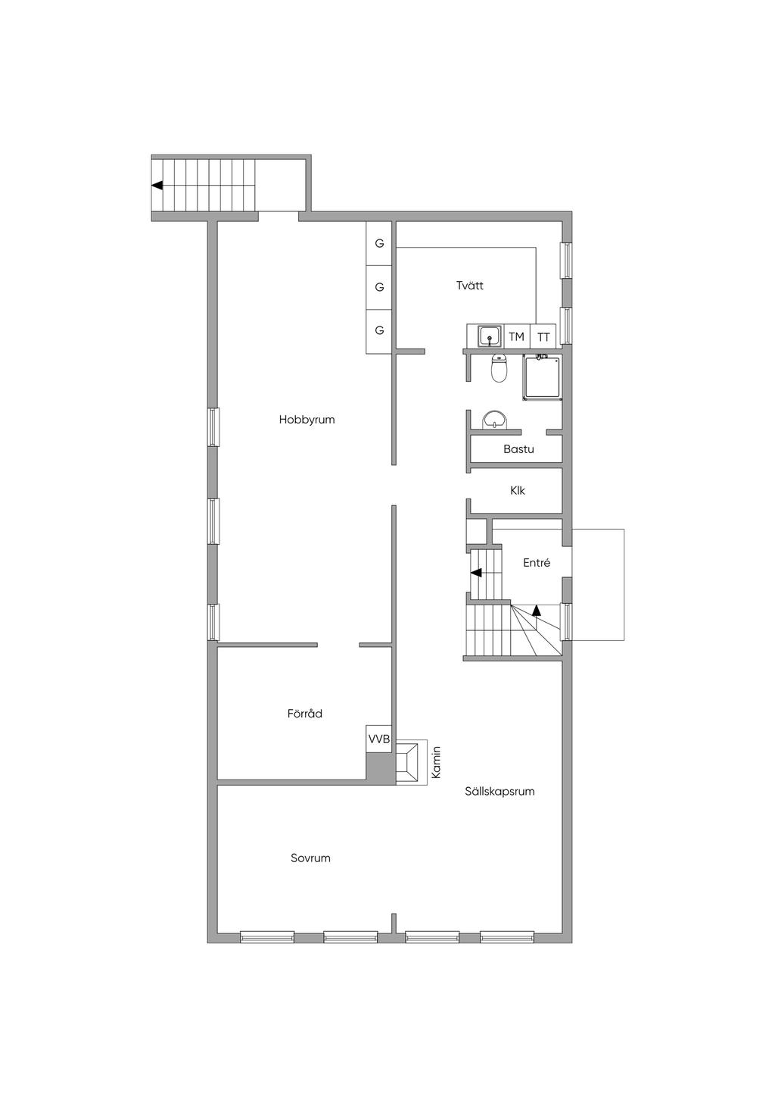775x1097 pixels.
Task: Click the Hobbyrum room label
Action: pyautogui.click(x=307, y=420)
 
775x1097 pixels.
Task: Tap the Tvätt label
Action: pyautogui.click(x=470, y=286)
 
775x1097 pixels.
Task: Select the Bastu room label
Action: pyautogui.click(x=518, y=449)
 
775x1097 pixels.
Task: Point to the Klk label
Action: pyautogui.click(x=517, y=490)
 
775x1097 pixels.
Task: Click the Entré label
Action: pyautogui.click(x=537, y=563)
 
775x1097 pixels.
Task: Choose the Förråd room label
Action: pyautogui.click(x=305, y=714)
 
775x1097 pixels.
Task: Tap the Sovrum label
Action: pyautogui.click(x=310, y=858)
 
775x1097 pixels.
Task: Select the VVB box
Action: pyautogui.click(x=379, y=739)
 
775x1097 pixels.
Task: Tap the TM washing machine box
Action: pyautogui.click(x=517, y=336)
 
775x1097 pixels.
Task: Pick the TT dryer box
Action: pyautogui.click(x=543, y=336)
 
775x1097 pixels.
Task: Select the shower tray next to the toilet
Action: pyautogui.click(x=542, y=377)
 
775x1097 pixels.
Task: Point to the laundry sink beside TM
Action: pyautogui.click(x=490, y=336)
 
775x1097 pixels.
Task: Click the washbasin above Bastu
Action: pyautogui.click(x=495, y=420)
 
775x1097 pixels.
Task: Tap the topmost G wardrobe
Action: pyautogui.click(x=379, y=243)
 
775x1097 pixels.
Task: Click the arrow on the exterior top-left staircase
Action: pyautogui.click(x=157, y=186)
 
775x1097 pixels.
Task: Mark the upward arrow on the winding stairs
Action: pyautogui.click(x=537, y=610)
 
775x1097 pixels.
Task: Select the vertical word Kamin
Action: pyautogui.click(x=437, y=762)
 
